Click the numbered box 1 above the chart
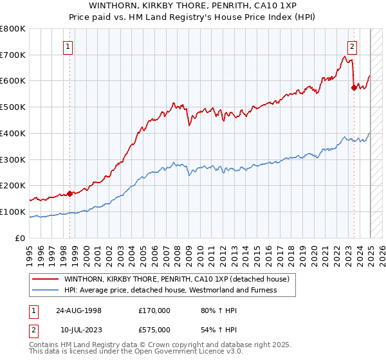pyautogui.click(x=68, y=46)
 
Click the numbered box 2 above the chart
pyautogui.click(x=353, y=46)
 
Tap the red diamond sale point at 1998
pyautogui.click(x=69, y=193)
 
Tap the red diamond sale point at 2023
pyautogui.click(x=354, y=87)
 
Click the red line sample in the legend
pyautogui.click(x=45, y=280)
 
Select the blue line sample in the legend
pyautogui.click(x=45, y=290)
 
